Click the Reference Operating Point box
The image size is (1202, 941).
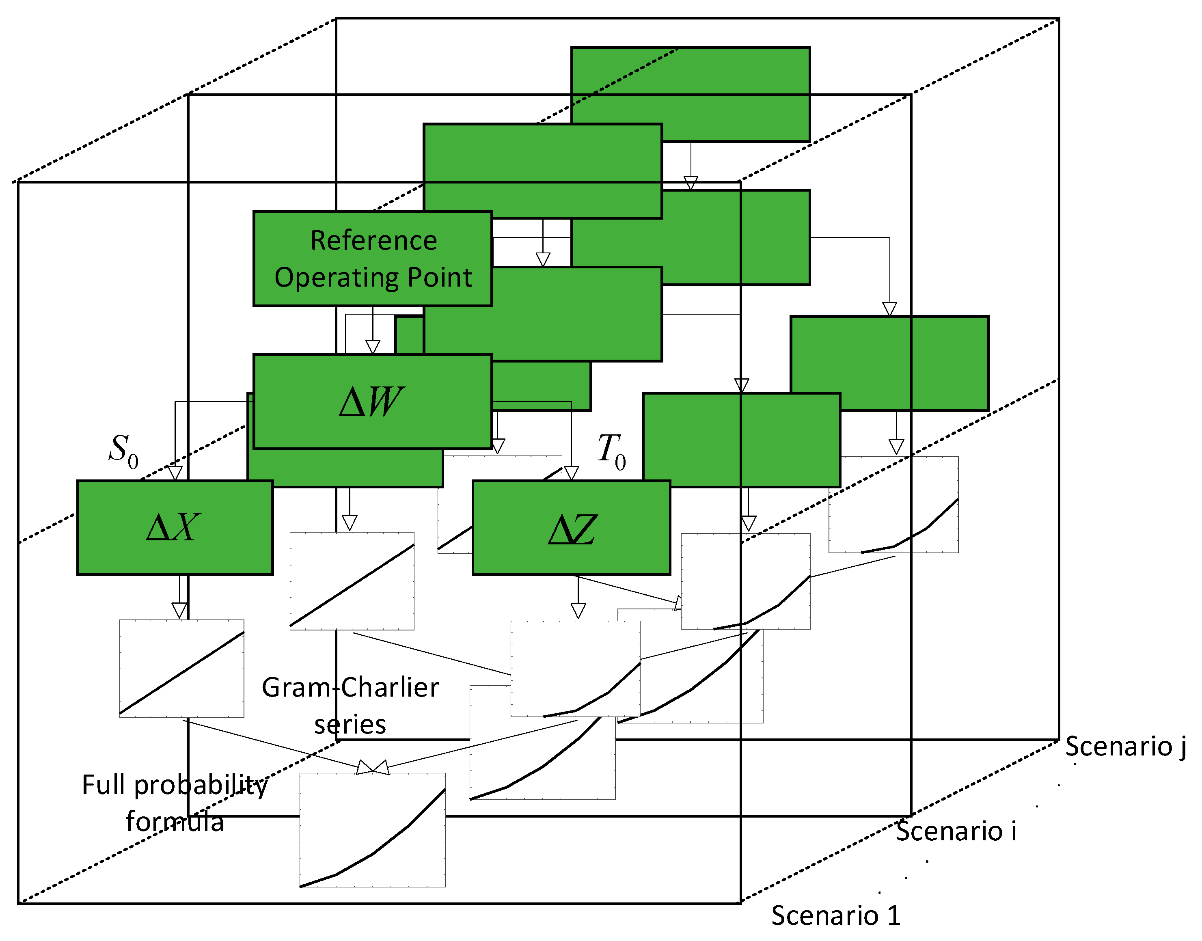point(372,258)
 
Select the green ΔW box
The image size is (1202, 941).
point(372,401)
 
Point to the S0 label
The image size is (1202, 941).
point(123,450)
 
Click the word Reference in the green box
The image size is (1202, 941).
point(373,240)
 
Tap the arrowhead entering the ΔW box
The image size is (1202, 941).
point(373,347)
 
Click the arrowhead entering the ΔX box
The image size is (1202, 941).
point(175,473)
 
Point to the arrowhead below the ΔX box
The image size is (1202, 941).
point(179,611)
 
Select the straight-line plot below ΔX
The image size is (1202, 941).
point(182,668)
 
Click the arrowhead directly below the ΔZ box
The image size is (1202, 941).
point(578,611)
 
